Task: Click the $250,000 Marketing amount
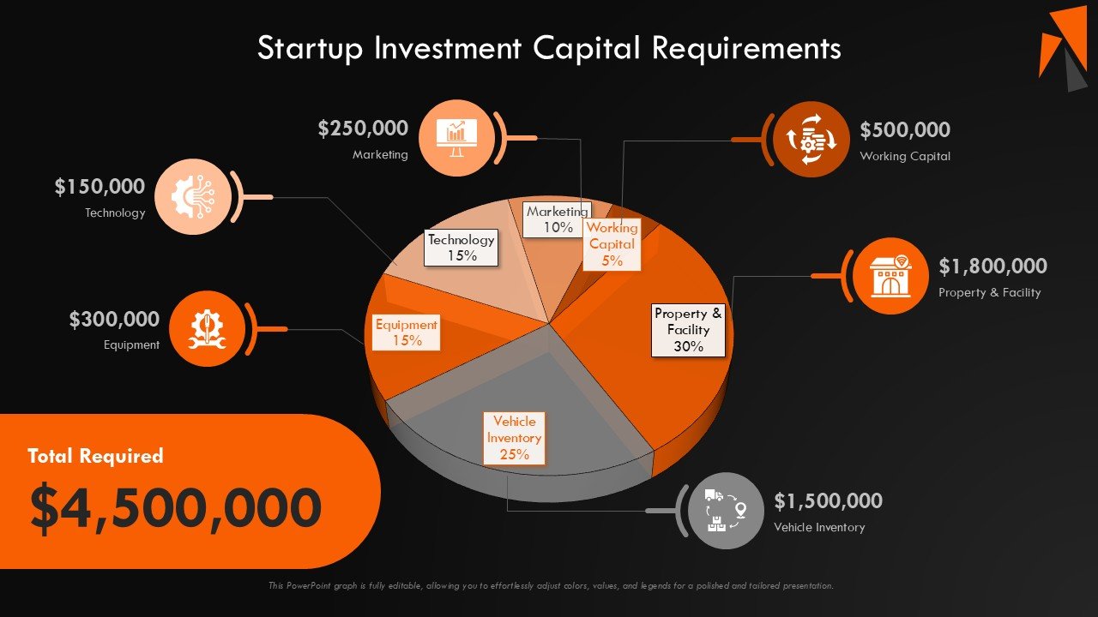[363, 129]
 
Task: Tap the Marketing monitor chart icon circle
[457, 138]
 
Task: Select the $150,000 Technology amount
[100, 187]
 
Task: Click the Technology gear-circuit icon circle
[193, 196]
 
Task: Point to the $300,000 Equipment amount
[114, 320]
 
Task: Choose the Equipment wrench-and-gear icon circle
[208, 328]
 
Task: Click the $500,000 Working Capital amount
[905, 129]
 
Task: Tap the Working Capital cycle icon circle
[811, 140]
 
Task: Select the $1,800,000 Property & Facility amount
[992, 266]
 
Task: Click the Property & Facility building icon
[890, 276]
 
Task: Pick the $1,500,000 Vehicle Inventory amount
[828, 500]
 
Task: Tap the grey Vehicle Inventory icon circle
[726, 511]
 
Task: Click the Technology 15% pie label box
[461, 248]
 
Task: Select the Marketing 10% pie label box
[558, 219]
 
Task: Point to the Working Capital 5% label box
[612, 244]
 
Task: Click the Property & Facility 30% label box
[688, 331]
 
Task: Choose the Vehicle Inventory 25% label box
[514, 438]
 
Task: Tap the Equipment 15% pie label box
[406, 332]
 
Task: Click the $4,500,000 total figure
[176, 507]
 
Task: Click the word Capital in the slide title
[586, 49]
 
